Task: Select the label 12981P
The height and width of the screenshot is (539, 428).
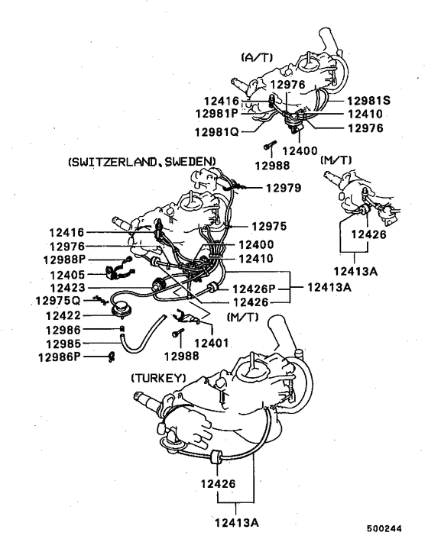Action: point(218,114)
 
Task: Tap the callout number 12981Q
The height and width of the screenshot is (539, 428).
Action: point(218,131)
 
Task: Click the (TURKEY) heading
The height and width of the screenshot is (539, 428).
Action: point(158,377)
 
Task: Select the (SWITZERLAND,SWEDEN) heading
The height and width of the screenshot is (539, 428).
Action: point(142,161)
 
